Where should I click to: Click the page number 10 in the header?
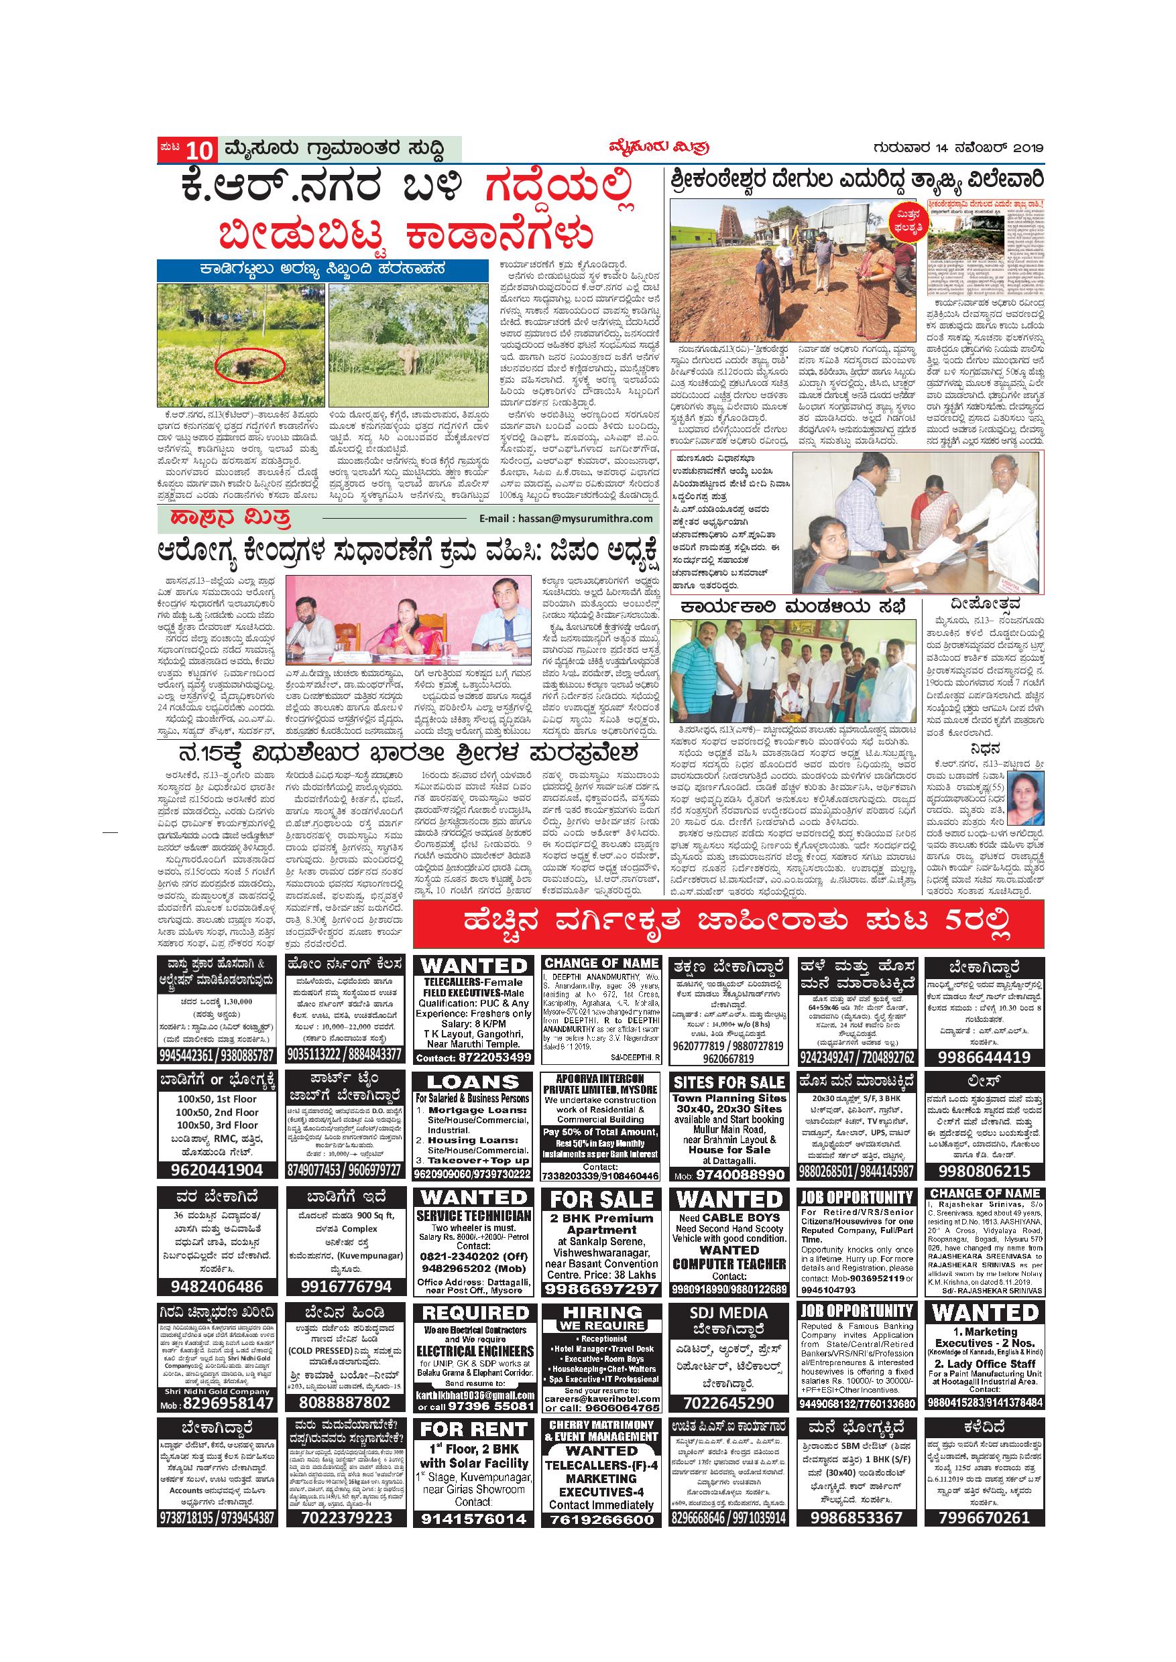(200, 151)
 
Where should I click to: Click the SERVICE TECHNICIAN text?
(473, 1216)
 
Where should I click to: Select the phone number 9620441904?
(217, 1171)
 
